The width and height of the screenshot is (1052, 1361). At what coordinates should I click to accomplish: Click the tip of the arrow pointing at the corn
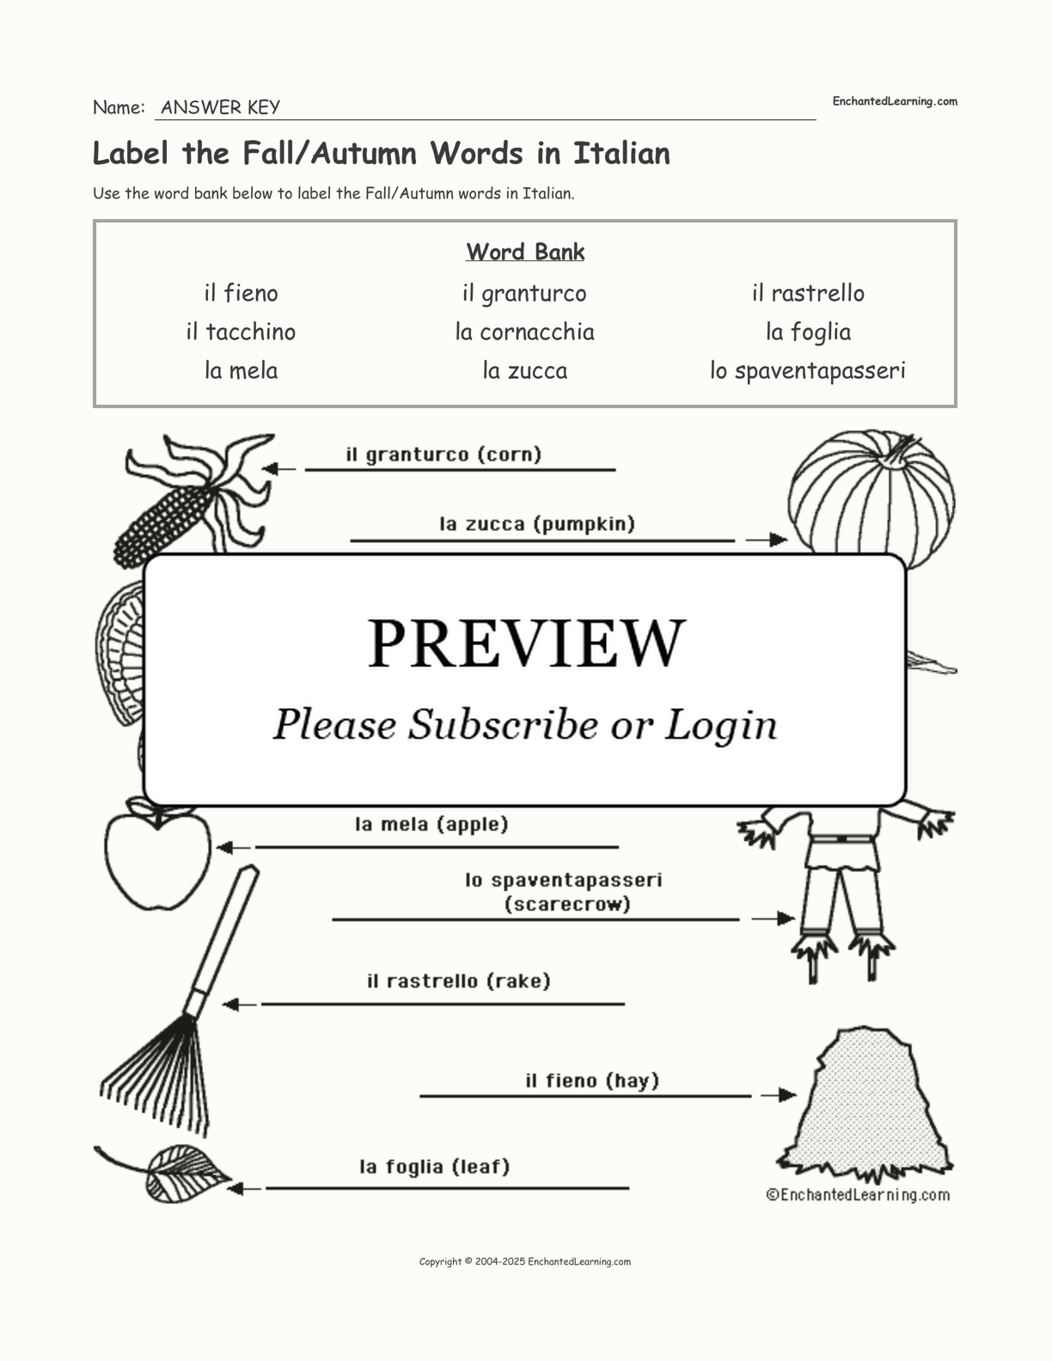262,468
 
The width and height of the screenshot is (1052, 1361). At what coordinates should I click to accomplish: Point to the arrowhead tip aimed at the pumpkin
787,540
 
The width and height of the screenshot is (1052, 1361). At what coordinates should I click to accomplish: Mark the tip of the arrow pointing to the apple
217,847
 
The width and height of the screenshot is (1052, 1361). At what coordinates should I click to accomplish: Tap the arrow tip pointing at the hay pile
796,1096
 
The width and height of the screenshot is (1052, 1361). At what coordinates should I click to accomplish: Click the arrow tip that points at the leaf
227,1188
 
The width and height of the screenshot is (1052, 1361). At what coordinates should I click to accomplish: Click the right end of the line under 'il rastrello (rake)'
625,1004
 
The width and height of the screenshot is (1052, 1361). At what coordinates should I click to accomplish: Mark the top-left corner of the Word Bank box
94,220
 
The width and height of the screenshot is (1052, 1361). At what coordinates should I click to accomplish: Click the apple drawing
156,854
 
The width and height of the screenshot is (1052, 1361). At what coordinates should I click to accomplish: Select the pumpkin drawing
872,495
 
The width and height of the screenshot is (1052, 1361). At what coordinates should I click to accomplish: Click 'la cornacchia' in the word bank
524,332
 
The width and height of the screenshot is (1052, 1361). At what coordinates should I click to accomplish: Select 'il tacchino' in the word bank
241,332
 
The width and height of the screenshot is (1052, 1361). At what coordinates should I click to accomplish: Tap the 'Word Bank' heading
525,252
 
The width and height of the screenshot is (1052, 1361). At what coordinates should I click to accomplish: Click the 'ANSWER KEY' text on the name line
221,107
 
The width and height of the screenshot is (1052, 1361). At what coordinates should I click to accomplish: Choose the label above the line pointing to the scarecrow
564,892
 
